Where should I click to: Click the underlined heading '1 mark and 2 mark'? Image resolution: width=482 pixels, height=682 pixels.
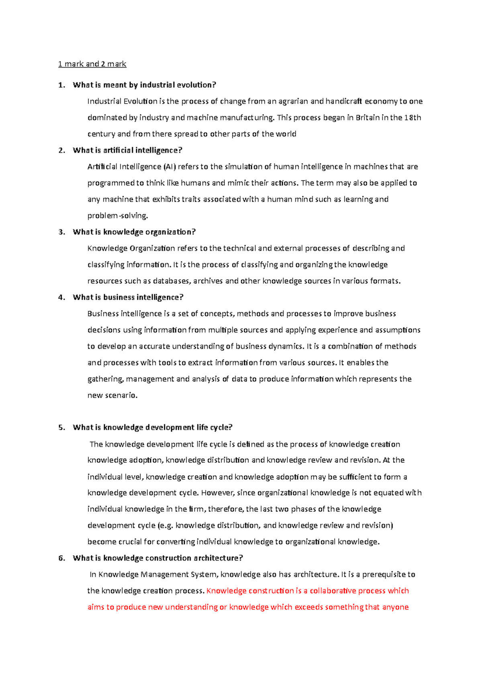click(92, 64)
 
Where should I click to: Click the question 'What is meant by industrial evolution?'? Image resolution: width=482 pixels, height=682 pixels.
click(144, 85)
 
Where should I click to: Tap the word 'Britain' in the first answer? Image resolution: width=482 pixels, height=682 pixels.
click(368, 118)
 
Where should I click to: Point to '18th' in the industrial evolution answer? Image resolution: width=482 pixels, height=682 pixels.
click(413, 118)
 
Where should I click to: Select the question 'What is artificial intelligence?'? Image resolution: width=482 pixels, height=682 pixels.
click(127, 150)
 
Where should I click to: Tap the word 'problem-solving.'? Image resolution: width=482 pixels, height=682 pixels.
click(118, 216)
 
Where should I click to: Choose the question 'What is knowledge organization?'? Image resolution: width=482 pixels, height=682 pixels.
click(134, 232)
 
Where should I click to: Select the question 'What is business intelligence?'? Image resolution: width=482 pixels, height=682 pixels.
click(128, 298)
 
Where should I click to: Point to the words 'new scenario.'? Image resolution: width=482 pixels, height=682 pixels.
click(112, 395)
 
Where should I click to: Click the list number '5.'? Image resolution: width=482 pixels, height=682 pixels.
click(61, 428)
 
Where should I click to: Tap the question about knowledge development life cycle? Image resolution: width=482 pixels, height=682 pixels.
click(153, 428)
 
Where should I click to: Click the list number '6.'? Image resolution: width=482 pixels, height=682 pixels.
click(61, 558)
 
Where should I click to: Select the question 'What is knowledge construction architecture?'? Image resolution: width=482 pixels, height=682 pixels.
click(158, 558)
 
